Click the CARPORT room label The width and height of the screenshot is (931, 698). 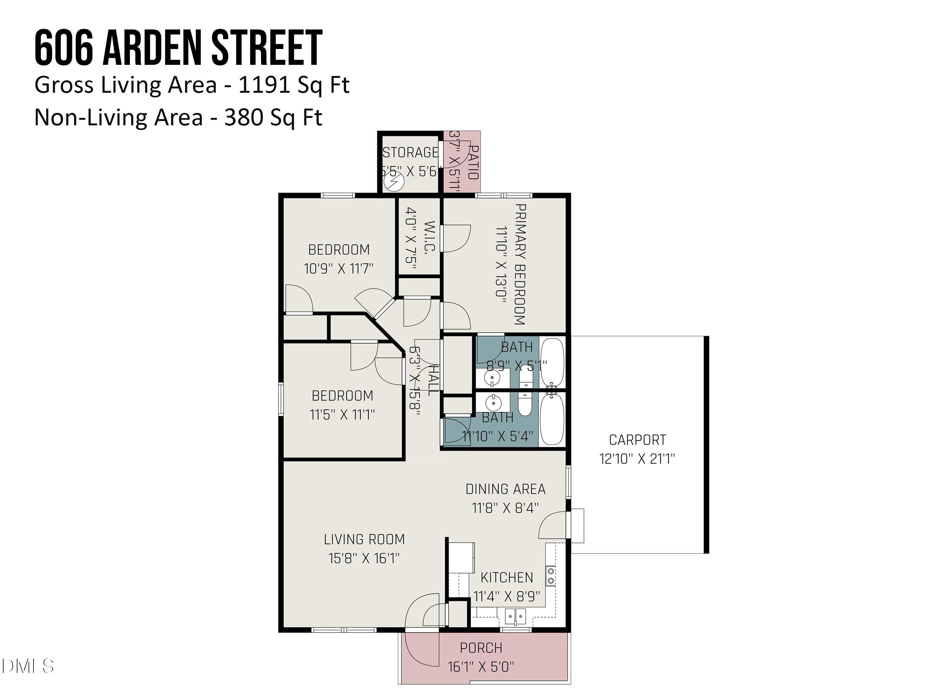[637, 440]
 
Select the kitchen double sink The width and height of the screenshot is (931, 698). [515, 617]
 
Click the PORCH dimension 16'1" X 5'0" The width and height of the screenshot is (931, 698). [481, 667]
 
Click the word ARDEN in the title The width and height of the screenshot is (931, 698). [153, 48]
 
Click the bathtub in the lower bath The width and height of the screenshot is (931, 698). [552, 419]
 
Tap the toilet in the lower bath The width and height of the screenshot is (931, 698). [525, 404]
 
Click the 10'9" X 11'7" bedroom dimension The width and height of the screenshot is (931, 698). [339, 268]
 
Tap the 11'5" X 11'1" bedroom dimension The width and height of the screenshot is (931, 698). [342, 414]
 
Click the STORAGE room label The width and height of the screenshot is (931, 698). [410, 152]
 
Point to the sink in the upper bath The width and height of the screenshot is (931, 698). [492, 378]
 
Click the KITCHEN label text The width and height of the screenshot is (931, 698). [507, 577]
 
